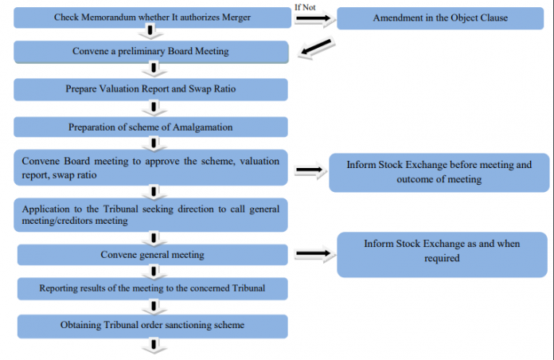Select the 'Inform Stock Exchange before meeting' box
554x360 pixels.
(439, 172)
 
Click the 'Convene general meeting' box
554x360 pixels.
(151, 254)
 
